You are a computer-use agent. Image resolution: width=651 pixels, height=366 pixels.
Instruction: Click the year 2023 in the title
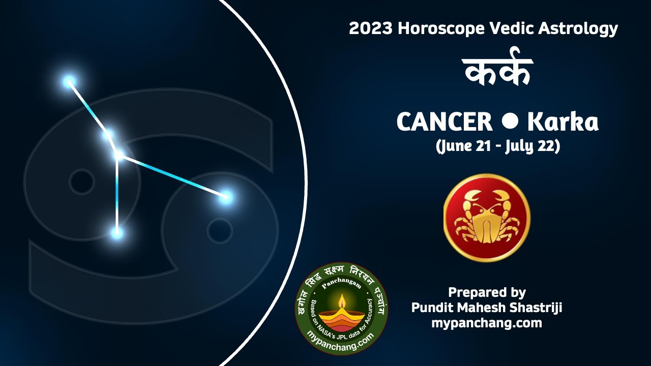pyautogui.click(x=371, y=28)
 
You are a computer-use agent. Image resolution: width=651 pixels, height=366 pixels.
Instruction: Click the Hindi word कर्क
pyautogui.click(x=497, y=72)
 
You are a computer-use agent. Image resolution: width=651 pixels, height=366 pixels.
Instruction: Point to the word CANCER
pyautogui.click(x=444, y=122)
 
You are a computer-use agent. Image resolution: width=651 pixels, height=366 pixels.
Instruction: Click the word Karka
pyautogui.click(x=563, y=122)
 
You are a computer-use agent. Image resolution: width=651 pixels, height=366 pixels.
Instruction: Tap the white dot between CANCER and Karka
pyautogui.click(x=510, y=121)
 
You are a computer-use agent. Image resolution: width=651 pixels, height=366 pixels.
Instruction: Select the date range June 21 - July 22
pyautogui.click(x=497, y=146)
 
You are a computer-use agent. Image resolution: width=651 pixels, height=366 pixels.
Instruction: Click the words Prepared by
pyautogui.click(x=487, y=292)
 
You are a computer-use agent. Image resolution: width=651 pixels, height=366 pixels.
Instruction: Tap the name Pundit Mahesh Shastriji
pyautogui.click(x=487, y=308)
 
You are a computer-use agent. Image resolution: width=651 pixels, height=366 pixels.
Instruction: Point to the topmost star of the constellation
pyautogui.click(x=69, y=81)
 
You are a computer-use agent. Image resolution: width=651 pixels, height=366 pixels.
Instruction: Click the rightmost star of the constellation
pyautogui.click(x=226, y=197)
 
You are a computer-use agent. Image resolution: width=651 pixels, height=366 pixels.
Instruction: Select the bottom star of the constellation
pyautogui.click(x=117, y=233)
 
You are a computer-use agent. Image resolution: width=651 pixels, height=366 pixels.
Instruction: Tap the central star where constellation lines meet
pyautogui.click(x=118, y=155)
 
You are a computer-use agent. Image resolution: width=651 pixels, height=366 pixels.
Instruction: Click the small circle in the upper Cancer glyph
pyautogui.click(x=81, y=181)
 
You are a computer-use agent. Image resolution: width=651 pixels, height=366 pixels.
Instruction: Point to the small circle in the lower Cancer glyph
pyautogui.click(x=220, y=230)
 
